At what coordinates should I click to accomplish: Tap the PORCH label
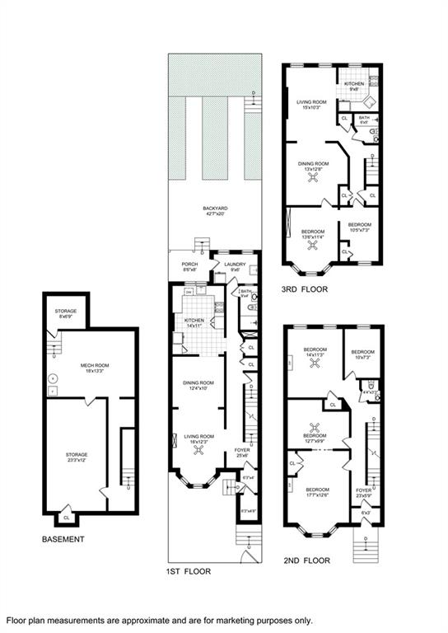189,264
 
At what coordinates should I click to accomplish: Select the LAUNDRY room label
235,264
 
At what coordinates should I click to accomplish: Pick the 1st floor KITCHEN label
195,321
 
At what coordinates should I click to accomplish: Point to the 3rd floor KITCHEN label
354,83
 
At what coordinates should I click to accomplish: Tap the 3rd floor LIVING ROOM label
312,101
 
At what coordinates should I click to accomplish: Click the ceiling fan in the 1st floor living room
198,450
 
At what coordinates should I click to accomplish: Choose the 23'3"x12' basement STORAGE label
77,454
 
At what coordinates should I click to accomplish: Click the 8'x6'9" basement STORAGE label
66,312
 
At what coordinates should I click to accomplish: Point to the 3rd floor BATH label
364,118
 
